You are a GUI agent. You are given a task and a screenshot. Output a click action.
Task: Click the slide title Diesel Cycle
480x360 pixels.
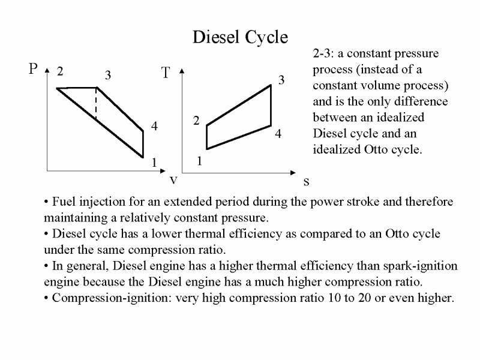(x=240, y=37)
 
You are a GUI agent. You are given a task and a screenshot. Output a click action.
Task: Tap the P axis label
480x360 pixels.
(x=34, y=70)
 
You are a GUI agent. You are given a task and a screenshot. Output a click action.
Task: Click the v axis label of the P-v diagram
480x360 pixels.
(x=173, y=179)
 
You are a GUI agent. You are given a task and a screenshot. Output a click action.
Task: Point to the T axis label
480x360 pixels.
(x=166, y=73)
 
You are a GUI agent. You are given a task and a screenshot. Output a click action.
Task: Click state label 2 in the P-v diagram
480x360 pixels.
(x=60, y=72)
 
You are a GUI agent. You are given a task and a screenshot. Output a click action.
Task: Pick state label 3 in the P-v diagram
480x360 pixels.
(x=108, y=76)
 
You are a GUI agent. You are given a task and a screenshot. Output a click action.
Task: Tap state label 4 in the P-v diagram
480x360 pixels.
(x=154, y=127)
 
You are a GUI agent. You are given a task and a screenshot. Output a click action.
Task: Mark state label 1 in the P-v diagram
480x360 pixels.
(x=154, y=163)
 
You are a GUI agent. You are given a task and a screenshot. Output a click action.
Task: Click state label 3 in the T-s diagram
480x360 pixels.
(x=280, y=80)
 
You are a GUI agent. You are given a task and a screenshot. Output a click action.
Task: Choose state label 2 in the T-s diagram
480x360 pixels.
(x=196, y=121)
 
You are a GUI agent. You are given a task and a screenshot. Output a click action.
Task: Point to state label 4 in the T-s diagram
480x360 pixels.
(x=278, y=134)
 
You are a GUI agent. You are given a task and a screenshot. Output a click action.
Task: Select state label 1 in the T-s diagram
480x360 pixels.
(x=200, y=162)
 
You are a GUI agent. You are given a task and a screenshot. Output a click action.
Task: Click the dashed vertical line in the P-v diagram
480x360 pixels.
(x=97, y=105)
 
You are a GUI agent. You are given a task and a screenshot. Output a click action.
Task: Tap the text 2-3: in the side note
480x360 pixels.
(x=325, y=53)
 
